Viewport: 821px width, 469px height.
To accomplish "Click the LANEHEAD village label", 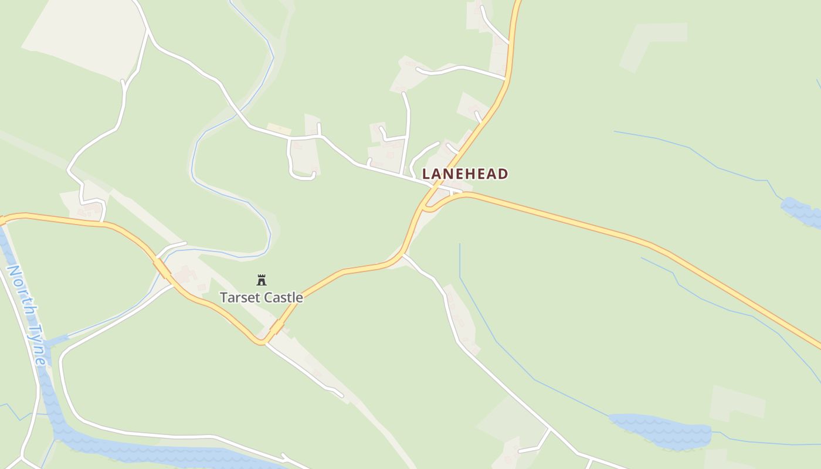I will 465,174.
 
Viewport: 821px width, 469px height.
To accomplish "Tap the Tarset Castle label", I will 262,297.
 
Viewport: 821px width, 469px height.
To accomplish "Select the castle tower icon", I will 262,280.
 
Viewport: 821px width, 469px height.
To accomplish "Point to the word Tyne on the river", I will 38,346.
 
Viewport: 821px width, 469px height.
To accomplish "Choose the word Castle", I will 283,297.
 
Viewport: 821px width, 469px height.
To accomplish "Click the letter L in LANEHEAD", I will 426,174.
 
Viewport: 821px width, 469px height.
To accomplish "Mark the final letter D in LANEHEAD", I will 503,174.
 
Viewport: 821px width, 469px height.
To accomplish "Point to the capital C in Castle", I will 266,297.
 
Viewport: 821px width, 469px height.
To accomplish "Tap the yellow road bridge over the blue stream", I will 162,269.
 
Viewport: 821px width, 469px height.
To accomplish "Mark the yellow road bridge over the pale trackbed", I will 276,327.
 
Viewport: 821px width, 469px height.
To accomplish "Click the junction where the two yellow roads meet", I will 428,205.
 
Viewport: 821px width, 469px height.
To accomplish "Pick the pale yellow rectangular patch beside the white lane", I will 279,129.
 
